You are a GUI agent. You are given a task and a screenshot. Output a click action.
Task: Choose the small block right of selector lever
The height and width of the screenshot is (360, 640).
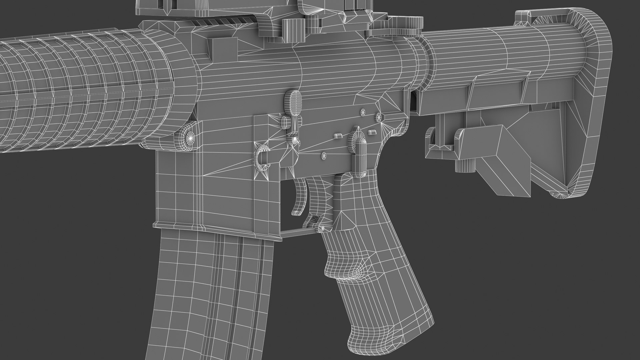tap(372, 133)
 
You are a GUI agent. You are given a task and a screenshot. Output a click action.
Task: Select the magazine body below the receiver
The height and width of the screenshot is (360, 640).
tap(213, 293)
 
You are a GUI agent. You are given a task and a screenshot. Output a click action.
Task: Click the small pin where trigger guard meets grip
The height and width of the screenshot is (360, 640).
tap(323, 228)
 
